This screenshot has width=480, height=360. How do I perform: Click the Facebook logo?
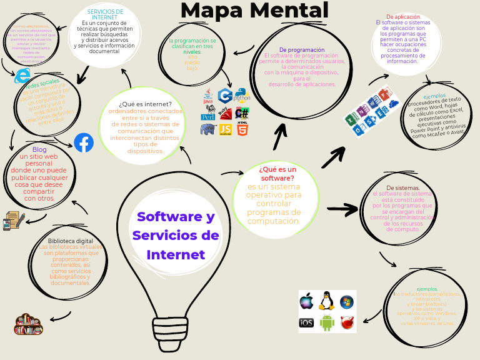click(x=84, y=143)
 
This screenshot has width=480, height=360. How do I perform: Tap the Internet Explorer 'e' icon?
click(x=22, y=76)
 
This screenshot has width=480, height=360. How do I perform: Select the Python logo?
click(x=242, y=95)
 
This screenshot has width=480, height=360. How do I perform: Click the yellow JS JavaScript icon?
click(x=226, y=129)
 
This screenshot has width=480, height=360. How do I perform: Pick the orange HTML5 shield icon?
click(x=242, y=129)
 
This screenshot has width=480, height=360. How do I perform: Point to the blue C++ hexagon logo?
click(x=226, y=96)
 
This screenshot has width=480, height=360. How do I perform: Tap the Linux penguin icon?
click(x=325, y=301)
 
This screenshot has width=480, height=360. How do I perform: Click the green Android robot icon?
click(x=327, y=322)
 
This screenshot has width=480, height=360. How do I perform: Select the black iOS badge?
click(x=306, y=322)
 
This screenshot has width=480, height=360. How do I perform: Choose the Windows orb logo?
click(x=346, y=302)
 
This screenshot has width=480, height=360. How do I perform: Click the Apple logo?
click(x=306, y=301)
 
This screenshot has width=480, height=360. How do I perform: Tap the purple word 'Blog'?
click(x=39, y=149)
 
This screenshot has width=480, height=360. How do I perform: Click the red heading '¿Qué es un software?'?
click(x=277, y=173)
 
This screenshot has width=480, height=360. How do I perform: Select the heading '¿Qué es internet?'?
click(x=145, y=104)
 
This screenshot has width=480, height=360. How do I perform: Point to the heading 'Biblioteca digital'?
click(x=71, y=241)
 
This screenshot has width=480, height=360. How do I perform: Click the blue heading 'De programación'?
click(x=302, y=49)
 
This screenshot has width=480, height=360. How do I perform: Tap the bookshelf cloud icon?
click(x=28, y=324)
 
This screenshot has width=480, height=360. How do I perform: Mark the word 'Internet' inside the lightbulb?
click(x=176, y=255)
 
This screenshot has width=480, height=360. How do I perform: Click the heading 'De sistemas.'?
click(x=402, y=187)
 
